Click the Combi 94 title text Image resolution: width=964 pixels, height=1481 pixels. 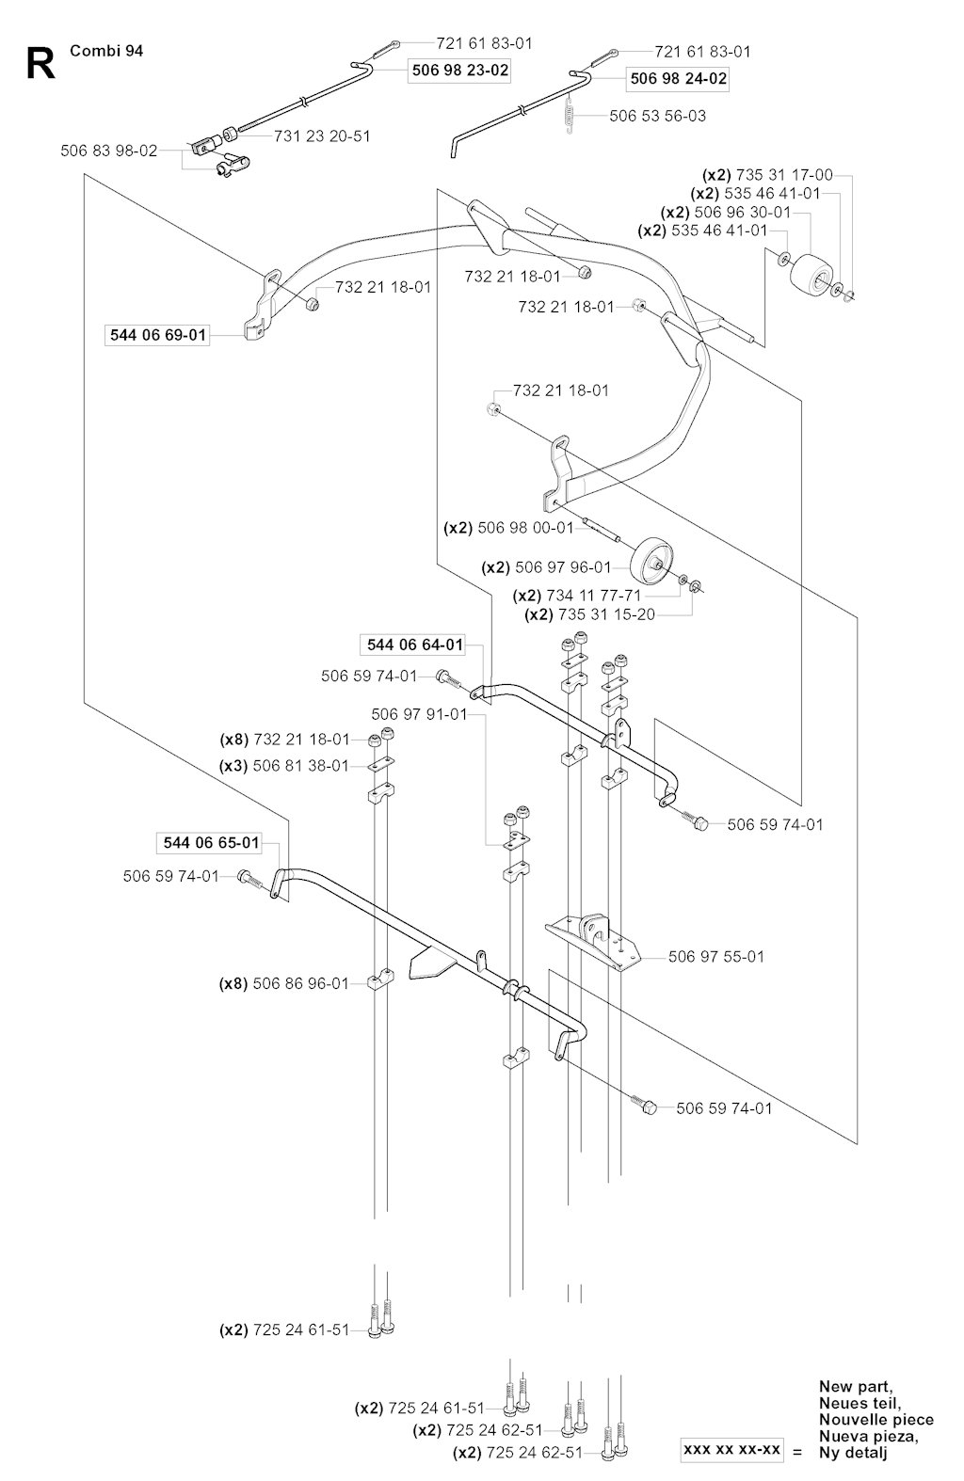pos(106,51)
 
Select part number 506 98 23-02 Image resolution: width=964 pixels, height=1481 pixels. pos(459,70)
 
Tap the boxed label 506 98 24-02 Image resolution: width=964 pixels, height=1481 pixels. pos(678,79)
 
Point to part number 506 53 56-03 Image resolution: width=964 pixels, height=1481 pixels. pos(657,116)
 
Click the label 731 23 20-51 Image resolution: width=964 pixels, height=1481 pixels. pos(322,135)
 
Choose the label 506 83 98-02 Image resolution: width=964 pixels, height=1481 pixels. pos(109,150)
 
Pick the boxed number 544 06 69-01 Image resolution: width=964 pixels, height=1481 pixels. pos(157,334)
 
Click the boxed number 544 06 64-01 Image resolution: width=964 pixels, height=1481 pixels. pos(415,645)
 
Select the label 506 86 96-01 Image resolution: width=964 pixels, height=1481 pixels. pos(300,983)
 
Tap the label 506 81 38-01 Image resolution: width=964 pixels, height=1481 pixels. pos(300,766)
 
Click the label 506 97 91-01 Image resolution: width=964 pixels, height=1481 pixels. pos(419,714)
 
